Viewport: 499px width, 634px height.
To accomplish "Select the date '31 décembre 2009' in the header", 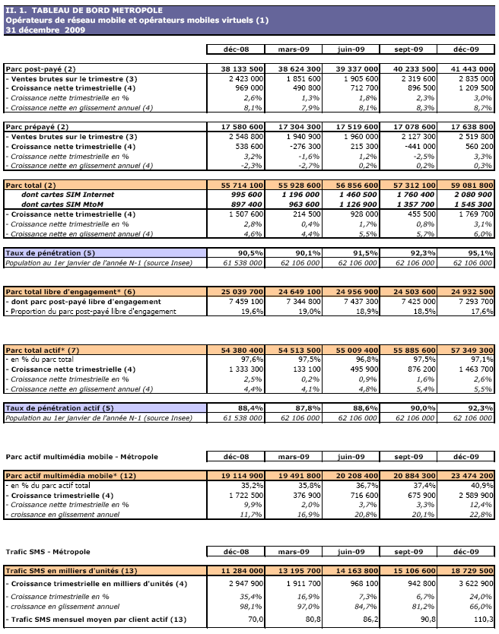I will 45,30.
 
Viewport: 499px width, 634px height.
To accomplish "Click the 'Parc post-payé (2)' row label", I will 41,69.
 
